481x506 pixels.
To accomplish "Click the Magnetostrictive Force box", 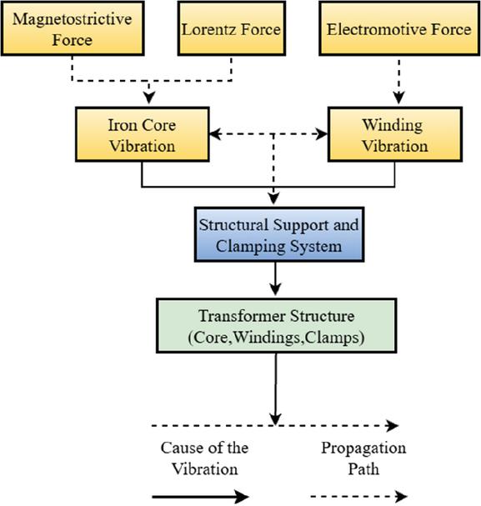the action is pos(73,28).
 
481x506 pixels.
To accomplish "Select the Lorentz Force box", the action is pos(231,28).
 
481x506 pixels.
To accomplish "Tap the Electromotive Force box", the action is pos(399,28).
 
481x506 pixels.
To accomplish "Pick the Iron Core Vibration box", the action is pos(143,134).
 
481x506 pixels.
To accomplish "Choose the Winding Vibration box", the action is pos(395,134).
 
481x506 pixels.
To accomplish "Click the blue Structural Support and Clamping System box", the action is pos(279,234).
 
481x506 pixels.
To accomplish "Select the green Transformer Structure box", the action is pos(277,326).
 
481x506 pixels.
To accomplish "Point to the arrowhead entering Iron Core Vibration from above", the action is pos(149,98).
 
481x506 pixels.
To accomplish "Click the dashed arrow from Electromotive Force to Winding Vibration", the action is pos(399,82).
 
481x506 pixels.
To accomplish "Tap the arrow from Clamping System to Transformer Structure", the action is pos(275,279).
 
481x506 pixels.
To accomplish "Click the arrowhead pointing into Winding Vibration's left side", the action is pos(322,134).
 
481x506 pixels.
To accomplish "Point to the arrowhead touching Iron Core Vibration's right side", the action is pos(216,134).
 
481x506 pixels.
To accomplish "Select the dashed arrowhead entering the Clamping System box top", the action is pos(273,198).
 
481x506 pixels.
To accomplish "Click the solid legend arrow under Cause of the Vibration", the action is pos(200,496).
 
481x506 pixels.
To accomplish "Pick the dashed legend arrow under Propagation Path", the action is pos(358,496).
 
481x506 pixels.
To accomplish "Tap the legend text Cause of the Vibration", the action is pos(204,458).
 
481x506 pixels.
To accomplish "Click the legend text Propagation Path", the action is pos(363,458).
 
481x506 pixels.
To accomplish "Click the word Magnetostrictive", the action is pos(73,18).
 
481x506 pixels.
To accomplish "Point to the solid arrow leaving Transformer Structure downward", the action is pos(275,388).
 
